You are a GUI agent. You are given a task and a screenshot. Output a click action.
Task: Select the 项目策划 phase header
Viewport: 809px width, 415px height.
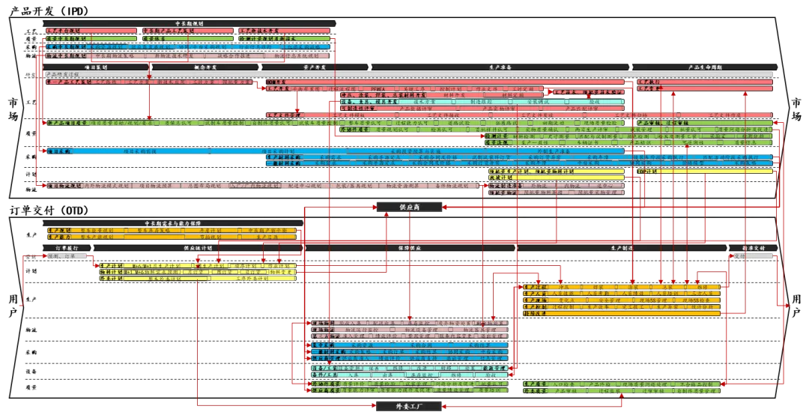click(x=94, y=67)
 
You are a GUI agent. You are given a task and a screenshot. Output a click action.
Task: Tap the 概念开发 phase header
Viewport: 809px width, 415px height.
click(x=204, y=67)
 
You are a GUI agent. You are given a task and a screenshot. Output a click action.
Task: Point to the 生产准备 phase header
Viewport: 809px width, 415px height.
click(x=500, y=67)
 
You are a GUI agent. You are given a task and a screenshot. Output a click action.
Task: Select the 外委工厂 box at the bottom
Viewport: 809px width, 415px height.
click(x=411, y=407)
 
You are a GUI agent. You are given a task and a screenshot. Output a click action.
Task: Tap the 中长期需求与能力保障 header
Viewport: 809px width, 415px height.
click(x=172, y=223)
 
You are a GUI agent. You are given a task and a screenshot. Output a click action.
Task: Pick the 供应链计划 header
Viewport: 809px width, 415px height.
click(x=198, y=247)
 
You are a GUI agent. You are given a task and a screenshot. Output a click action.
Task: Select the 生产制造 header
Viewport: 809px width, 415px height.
click(x=621, y=247)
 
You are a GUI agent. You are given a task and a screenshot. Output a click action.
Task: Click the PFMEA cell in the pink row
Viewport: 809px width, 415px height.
click(x=380, y=88)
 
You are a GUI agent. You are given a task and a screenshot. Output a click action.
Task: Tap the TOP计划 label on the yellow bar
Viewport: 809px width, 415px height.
click(x=646, y=172)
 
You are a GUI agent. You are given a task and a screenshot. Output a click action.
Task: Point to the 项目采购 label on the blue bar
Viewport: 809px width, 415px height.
click(x=59, y=151)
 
